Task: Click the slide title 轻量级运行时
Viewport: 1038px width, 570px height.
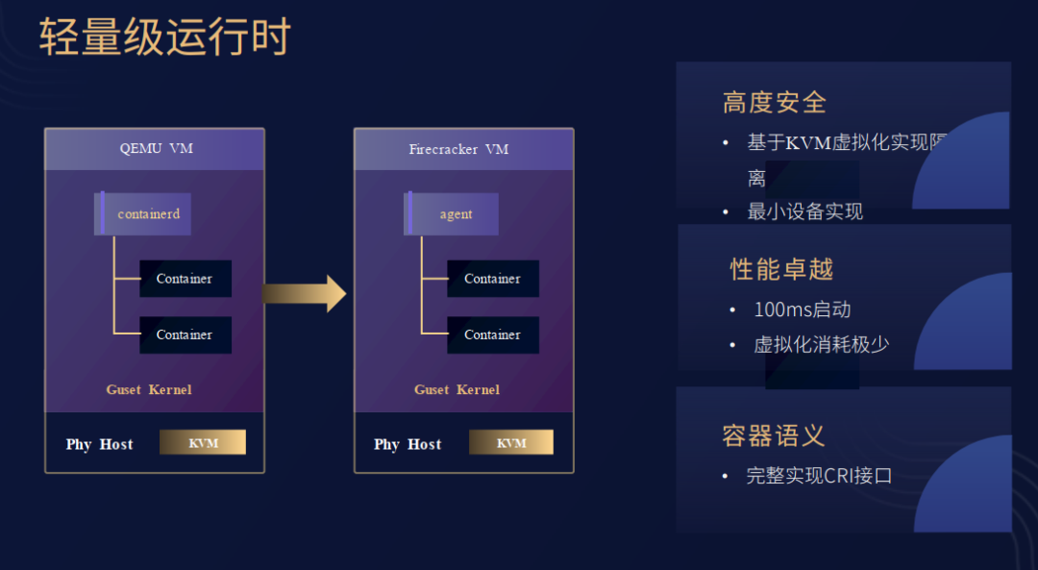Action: [164, 37]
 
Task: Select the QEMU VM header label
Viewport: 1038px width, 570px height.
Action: [155, 149]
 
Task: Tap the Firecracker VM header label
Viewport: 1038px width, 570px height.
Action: [458, 149]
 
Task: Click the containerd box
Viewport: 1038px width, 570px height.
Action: [145, 213]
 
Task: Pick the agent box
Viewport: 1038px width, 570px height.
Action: [453, 213]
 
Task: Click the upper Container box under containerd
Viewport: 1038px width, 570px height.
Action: [185, 279]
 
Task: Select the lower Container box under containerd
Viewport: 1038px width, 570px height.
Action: [185, 335]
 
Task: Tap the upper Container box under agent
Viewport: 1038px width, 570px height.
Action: [492, 279]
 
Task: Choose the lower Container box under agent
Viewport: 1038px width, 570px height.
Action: [492, 335]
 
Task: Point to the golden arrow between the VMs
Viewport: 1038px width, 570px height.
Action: [304, 293]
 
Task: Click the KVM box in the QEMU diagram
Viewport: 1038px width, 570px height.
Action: [203, 442]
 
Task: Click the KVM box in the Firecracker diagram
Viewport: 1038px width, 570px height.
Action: [511, 442]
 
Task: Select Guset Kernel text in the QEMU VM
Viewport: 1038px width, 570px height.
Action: [149, 389]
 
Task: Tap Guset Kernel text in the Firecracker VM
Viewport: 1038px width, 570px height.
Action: [457, 389]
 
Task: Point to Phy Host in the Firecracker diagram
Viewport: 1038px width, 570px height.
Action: [408, 444]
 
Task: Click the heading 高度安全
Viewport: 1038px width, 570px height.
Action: [775, 102]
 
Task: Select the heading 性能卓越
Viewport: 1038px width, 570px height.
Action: [781, 268]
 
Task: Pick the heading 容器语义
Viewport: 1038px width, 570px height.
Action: [774, 435]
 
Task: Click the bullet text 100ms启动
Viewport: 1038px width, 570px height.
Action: [802, 310]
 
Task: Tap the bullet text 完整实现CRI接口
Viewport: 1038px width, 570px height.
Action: [819, 475]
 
